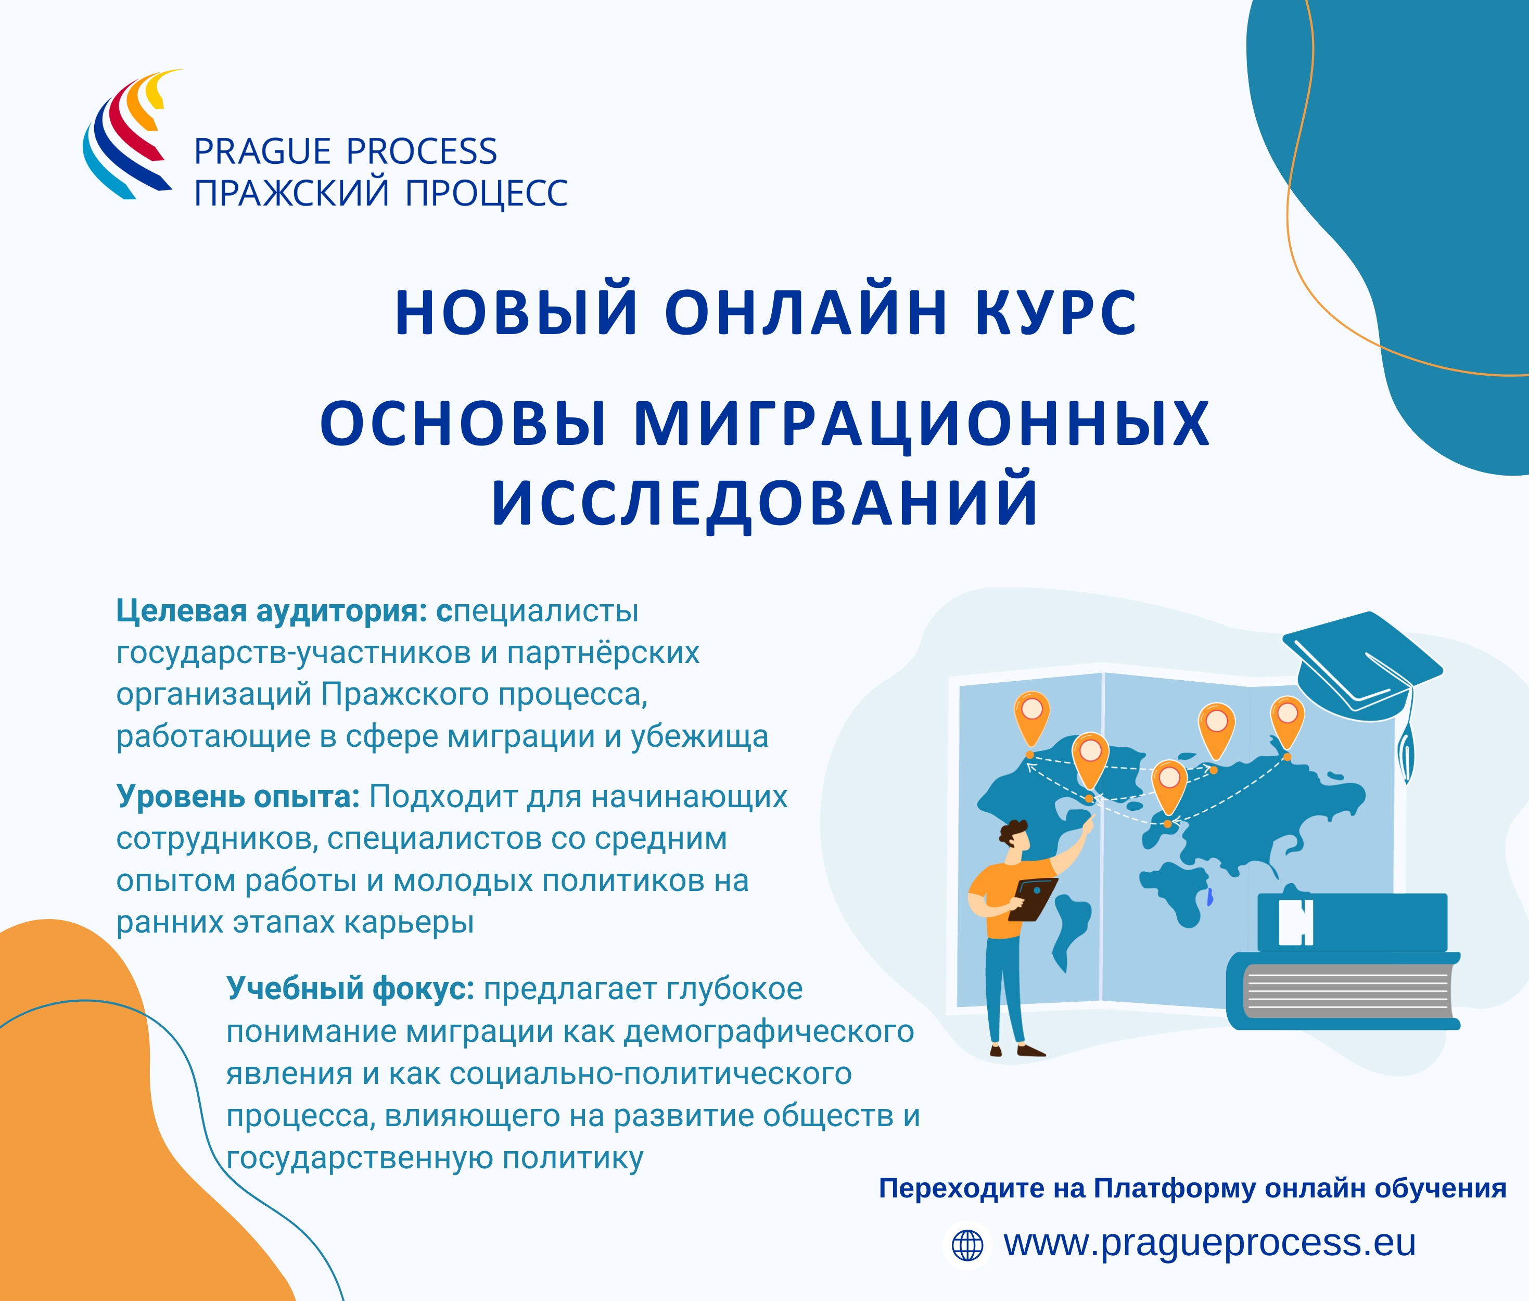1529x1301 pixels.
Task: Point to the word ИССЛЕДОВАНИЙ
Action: (765, 503)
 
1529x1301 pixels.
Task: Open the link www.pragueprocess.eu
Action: (1209, 1243)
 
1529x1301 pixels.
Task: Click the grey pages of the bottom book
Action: (1347, 990)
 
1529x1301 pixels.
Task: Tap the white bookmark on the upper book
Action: (1296, 922)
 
